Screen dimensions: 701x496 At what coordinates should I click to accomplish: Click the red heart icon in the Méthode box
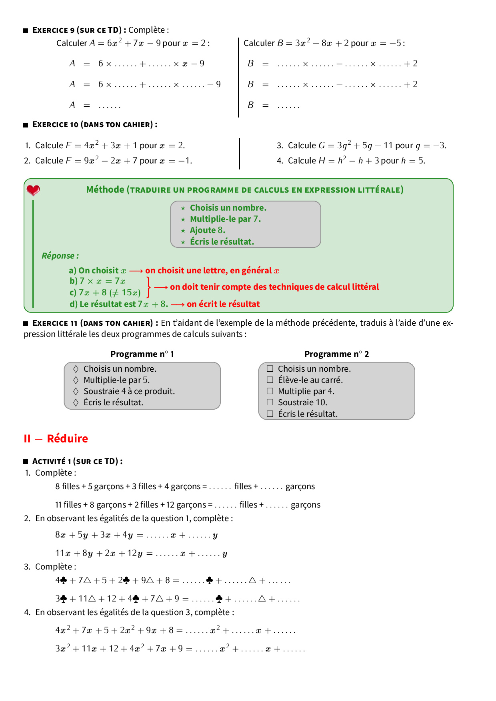pos(33,190)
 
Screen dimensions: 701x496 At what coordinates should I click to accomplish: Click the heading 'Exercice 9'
pos(53,30)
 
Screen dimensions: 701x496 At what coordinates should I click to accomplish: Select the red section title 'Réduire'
pos(67,438)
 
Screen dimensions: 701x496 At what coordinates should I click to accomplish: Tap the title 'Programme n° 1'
pos(142,354)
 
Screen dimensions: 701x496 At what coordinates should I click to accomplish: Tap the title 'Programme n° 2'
pos(336,354)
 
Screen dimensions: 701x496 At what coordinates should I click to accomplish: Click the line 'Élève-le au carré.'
pos(310,380)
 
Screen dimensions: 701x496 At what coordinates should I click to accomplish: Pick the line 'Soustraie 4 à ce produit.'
pos(129,391)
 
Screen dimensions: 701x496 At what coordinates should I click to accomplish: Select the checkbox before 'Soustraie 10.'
pos(270,402)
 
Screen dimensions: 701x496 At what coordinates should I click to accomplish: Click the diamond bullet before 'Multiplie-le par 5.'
pos(76,380)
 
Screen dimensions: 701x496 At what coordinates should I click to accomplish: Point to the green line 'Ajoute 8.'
pos(207,230)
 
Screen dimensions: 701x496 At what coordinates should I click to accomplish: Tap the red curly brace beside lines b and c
pos(148,287)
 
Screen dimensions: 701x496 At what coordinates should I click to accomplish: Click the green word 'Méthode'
pos(105,189)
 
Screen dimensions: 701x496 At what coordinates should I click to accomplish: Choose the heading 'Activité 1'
pos(52,461)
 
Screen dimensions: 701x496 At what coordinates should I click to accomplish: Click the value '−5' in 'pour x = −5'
pos(396,43)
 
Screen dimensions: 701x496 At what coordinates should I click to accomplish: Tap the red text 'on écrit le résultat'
pos(223,304)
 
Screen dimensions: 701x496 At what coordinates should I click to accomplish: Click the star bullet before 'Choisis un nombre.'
pos(183,208)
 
